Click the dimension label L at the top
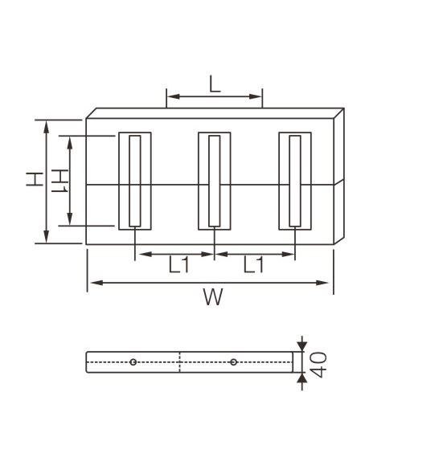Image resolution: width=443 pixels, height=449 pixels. tap(214, 84)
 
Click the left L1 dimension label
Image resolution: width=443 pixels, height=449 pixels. tap(178, 265)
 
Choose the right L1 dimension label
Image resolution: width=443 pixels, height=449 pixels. tap(254, 265)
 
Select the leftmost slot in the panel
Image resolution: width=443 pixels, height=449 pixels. tap(135, 181)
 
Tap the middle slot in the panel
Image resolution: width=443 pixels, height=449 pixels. tap(215, 181)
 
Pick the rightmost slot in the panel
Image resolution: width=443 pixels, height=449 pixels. tap(295, 181)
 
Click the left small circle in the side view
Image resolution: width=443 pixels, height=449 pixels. tap(133, 362)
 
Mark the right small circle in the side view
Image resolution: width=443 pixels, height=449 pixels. tap(233, 362)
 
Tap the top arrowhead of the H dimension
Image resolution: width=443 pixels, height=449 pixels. tap(46, 124)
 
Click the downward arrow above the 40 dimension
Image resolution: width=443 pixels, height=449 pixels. tap(301, 345)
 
